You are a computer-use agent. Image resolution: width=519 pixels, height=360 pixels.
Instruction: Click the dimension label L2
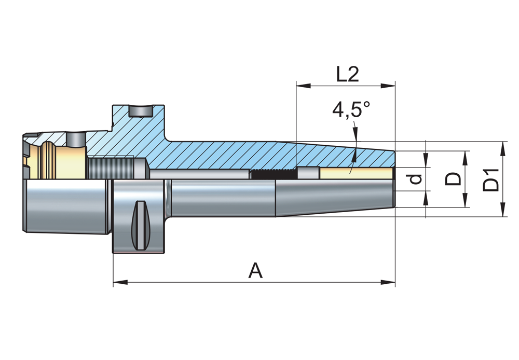(347, 74)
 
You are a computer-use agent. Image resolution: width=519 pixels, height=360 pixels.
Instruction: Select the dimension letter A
(255, 271)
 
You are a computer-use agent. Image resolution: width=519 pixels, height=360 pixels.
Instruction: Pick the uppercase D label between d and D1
(454, 179)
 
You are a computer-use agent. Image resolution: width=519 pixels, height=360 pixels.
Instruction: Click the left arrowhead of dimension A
(120, 283)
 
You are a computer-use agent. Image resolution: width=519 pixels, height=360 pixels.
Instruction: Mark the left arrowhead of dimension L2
(303, 86)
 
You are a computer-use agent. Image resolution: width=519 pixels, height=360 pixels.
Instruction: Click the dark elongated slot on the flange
(141, 225)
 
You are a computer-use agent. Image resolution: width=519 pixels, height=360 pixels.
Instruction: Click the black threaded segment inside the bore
(273, 173)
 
